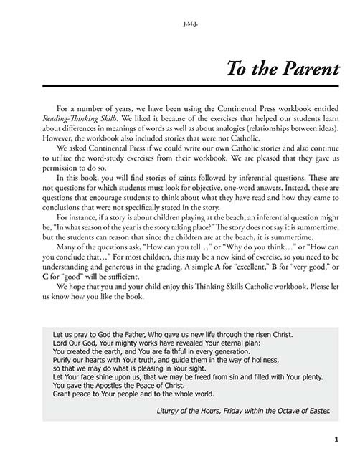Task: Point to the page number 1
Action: (x=325, y=439)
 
